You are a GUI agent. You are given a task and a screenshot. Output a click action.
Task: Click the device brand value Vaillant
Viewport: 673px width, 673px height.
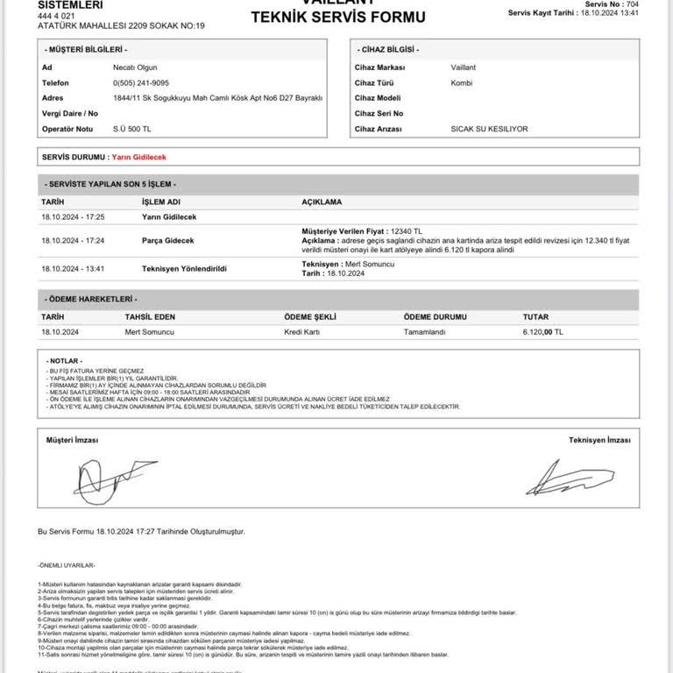465,67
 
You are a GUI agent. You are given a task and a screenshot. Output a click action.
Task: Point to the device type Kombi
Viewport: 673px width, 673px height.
461,82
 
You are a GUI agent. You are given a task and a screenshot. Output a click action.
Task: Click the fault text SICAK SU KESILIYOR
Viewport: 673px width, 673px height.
489,129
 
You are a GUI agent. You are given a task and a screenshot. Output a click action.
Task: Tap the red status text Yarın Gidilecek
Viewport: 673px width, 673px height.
139,157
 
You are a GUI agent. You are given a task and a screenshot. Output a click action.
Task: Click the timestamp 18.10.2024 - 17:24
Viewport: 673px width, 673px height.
73,240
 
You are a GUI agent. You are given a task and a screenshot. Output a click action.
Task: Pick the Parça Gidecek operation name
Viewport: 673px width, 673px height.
168,240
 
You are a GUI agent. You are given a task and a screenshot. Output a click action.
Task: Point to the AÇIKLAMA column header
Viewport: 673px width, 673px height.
322,201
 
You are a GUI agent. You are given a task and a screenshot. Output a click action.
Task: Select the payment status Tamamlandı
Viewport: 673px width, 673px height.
425,332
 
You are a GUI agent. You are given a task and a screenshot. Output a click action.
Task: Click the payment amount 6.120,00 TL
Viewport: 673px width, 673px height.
543,332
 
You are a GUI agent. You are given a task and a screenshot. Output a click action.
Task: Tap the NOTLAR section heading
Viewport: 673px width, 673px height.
65,360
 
